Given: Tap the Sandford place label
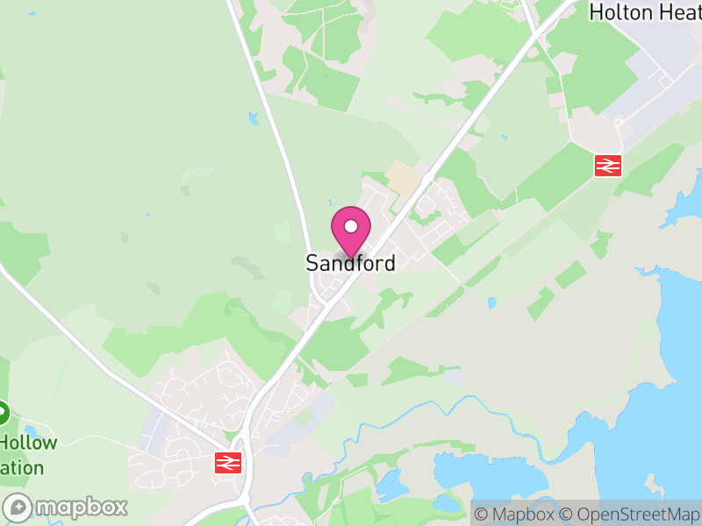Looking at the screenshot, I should pos(350,263).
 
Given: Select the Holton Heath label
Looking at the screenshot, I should pos(645,11).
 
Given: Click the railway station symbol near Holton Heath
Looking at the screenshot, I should pos(607,164).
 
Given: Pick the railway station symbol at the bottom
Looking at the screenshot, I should pos(228,462).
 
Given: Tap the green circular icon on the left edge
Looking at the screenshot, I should pos(3,412).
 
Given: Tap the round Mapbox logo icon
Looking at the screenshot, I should pos(18,507).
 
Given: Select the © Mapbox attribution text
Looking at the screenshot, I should pos(514,514).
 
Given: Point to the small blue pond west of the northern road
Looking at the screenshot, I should pos(254,117).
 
